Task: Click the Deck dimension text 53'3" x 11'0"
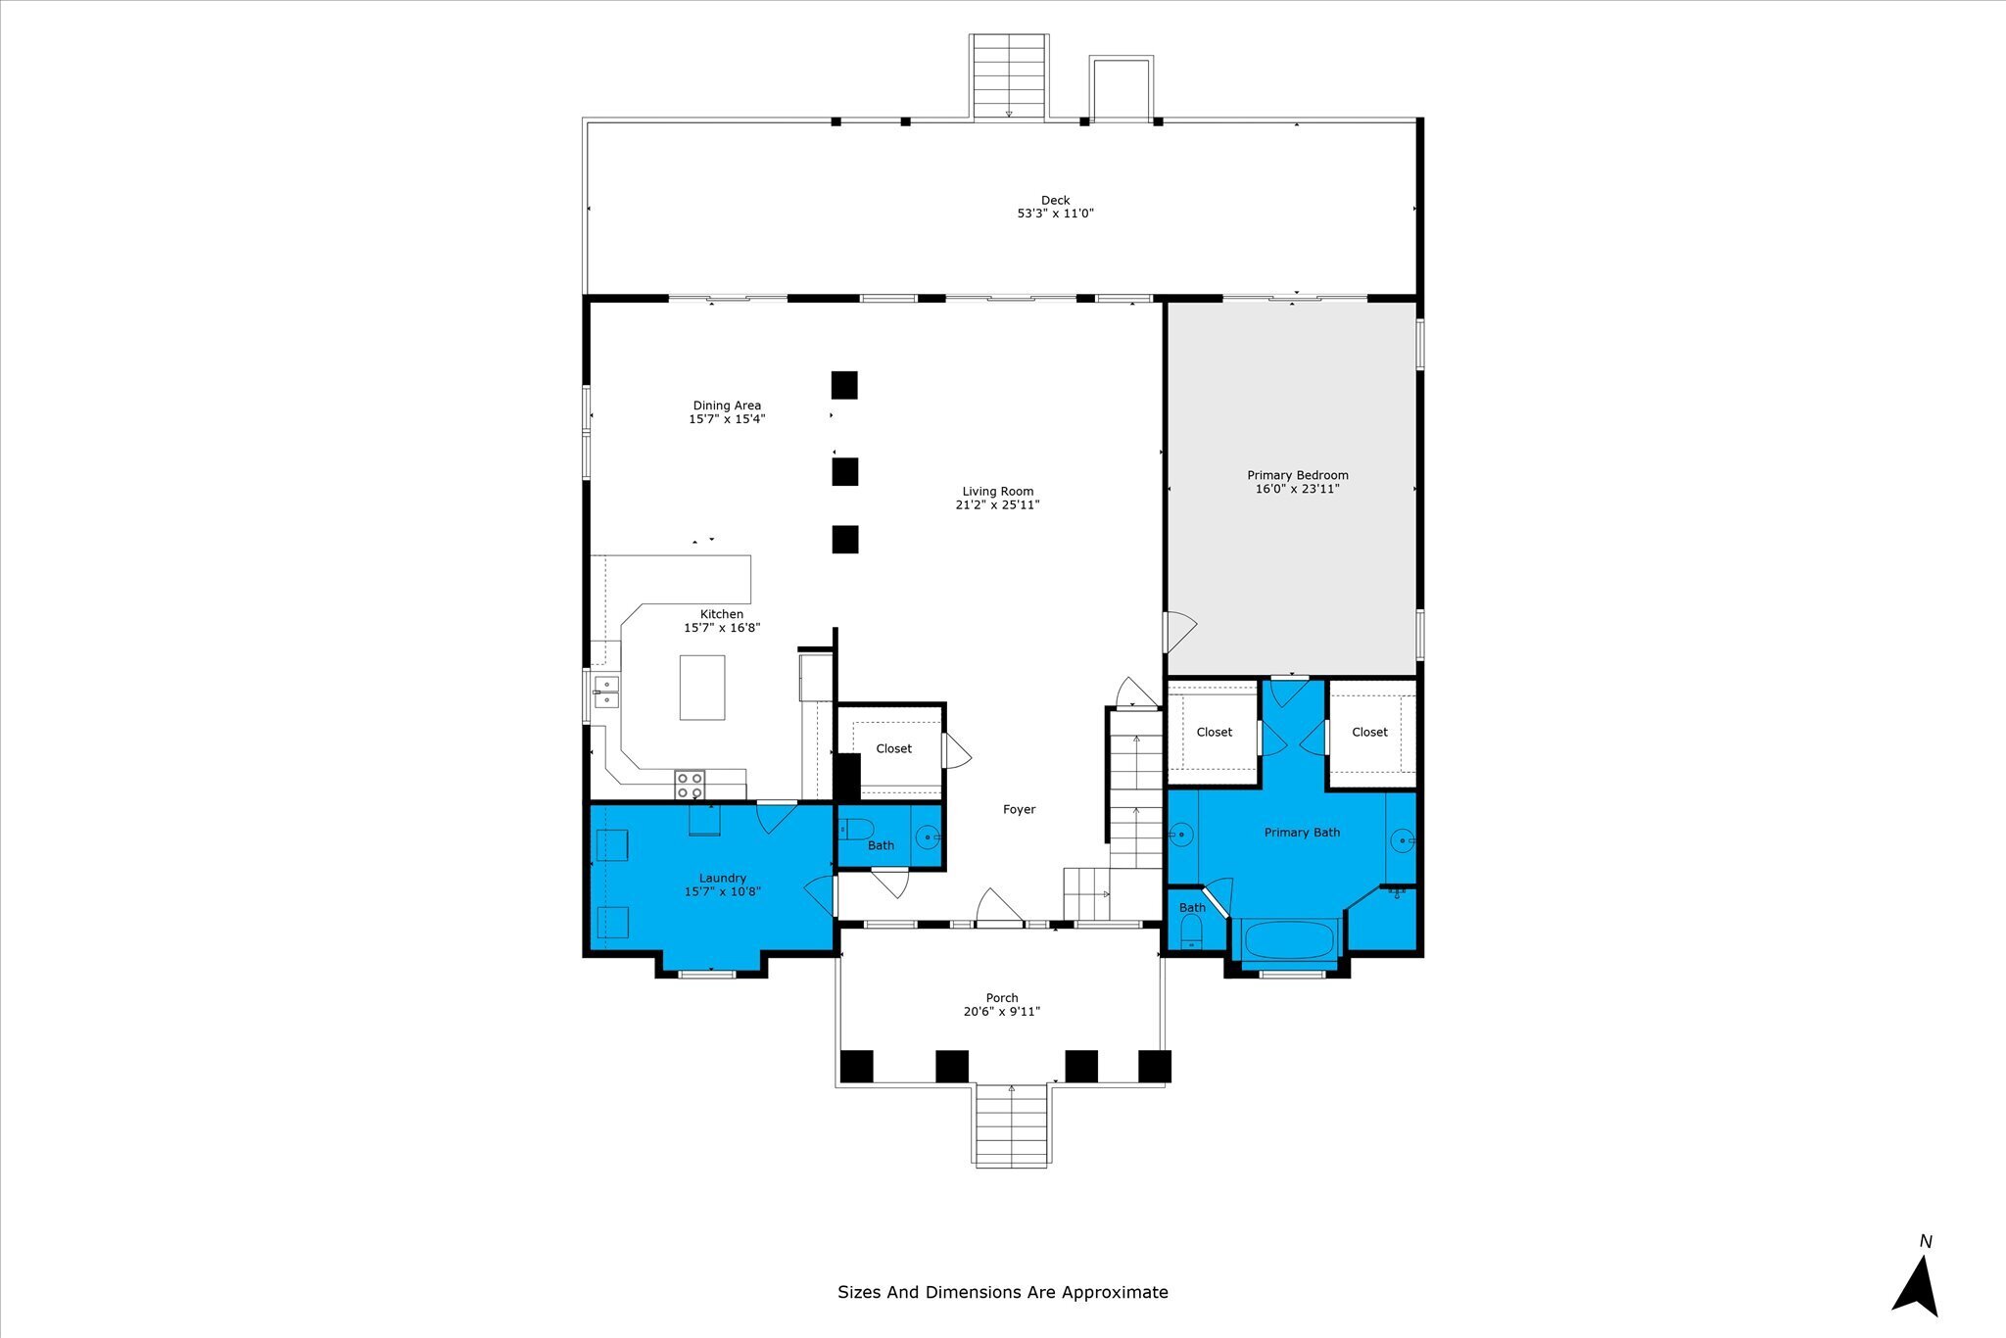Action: [1055, 213]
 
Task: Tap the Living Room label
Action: [997, 492]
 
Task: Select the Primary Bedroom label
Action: [1297, 475]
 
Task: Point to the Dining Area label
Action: [727, 406]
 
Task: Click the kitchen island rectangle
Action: [702, 688]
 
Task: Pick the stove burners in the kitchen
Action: [690, 785]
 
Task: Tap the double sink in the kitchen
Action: [606, 692]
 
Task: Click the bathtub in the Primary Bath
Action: [1288, 940]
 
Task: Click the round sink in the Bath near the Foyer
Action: [927, 836]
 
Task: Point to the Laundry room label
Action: [723, 878]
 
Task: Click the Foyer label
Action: [1019, 809]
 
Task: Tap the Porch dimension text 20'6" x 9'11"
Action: [1001, 1012]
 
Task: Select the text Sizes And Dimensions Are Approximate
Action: [1003, 1292]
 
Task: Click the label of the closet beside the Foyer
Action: [893, 748]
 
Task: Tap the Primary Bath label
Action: [1302, 833]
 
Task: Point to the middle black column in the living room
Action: [845, 471]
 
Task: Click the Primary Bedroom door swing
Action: [1179, 632]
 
